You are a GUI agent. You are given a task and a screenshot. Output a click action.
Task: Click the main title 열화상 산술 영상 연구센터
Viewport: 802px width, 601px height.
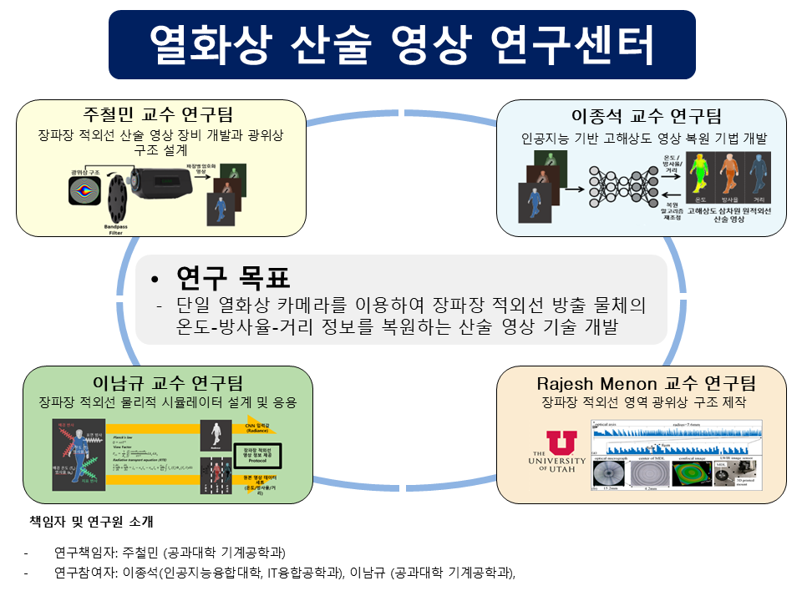pyautogui.click(x=401, y=43)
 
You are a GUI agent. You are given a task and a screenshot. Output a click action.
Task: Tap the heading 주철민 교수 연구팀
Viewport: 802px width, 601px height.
pyautogui.click(x=158, y=114)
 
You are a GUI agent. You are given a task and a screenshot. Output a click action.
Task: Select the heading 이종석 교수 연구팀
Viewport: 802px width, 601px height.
pyautogui.click(x=646, y=115)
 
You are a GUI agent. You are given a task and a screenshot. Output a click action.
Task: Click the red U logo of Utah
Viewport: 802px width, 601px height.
pyautogui.click(x=561, y=443)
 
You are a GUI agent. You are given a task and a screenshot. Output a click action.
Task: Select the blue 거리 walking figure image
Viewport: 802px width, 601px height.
pyautogui.click(x=758, y=176)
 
